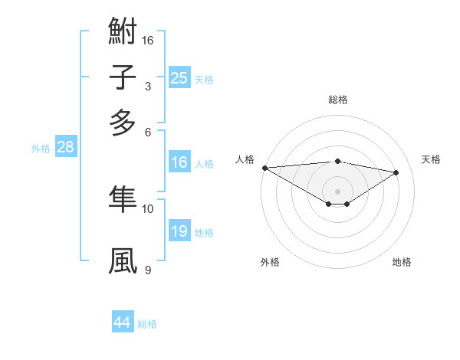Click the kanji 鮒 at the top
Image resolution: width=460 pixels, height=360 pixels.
[123, 34]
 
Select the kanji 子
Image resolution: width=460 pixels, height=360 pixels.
[123, 78]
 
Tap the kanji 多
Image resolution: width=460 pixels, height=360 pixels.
[123, 122]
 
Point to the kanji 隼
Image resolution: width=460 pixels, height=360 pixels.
[123, 199]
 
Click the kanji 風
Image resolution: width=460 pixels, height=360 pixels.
[123, 260]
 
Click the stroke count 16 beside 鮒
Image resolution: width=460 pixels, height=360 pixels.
[149, 39]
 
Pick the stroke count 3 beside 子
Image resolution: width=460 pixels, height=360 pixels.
[147, 87]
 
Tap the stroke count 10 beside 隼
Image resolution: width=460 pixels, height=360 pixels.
[148, 208]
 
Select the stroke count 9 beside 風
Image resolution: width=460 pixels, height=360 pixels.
[147, 270]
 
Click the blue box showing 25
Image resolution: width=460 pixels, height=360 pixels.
[179, 77]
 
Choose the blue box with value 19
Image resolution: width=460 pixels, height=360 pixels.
[179, 231]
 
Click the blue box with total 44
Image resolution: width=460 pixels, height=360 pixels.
[123, 322]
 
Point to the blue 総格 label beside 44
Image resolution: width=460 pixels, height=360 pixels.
[147, 324]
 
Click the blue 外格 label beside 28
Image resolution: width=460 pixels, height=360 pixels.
[41, 149]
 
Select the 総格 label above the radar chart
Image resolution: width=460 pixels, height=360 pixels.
[337, 100]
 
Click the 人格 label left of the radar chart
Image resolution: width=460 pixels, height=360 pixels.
[245, 159]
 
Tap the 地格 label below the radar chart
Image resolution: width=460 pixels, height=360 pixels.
[402, 262]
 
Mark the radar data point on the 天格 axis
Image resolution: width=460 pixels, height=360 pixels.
[396, 172]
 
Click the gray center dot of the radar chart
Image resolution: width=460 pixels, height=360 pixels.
[337, 191]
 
